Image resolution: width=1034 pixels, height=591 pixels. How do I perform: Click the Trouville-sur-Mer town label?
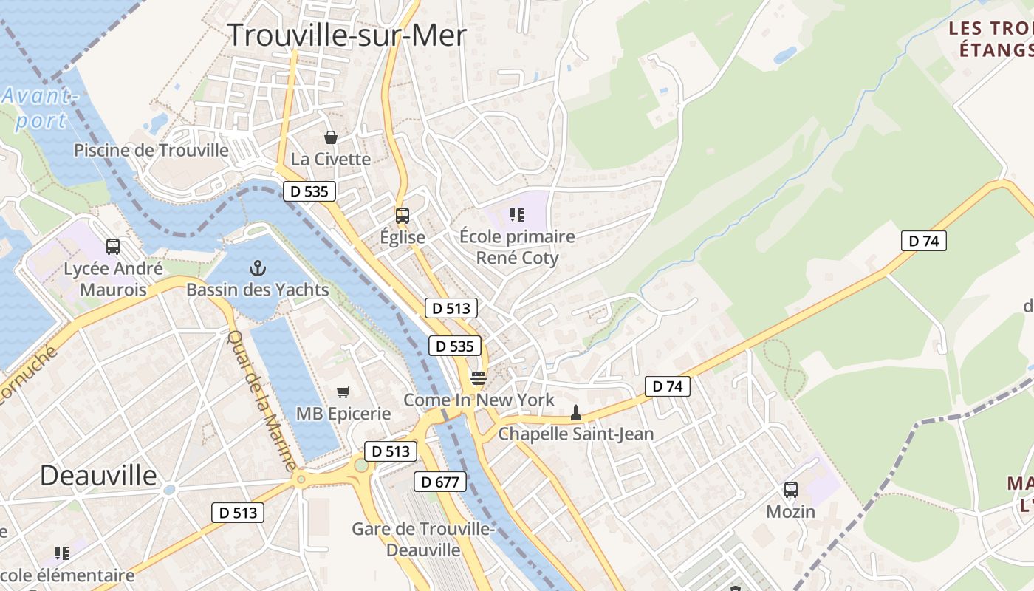pos(346,35)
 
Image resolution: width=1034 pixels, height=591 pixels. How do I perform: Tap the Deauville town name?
pos(98,475)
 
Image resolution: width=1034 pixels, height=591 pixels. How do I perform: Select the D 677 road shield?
pos(440,482)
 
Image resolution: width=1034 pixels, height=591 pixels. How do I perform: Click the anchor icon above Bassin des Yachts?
pos(258,268)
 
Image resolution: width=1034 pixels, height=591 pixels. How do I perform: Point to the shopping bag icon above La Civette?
pos(331,137)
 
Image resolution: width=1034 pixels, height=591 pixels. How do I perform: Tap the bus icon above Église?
pos(403,216)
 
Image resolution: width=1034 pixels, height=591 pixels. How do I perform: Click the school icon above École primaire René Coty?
pos(517,215)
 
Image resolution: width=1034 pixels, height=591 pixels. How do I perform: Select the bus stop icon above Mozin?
pos(790,490)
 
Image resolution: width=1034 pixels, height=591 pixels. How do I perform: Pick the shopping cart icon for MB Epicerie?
pos(343,392)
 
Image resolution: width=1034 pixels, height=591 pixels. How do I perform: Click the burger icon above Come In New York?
pos(479,379)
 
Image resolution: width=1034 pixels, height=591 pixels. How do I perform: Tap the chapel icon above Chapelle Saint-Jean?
pos(576,413)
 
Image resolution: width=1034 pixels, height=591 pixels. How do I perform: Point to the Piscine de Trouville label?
pos(151,151)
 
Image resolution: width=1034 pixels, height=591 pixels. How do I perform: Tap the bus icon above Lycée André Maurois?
pos(113,247)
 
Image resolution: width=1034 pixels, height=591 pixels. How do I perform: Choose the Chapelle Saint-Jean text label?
pos(576,434)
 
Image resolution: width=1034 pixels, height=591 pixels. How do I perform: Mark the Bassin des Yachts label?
pos(257,290)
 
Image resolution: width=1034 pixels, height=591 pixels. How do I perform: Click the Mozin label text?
pos(790,511)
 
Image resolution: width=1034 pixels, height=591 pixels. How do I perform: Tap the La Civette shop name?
pos(331,159)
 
